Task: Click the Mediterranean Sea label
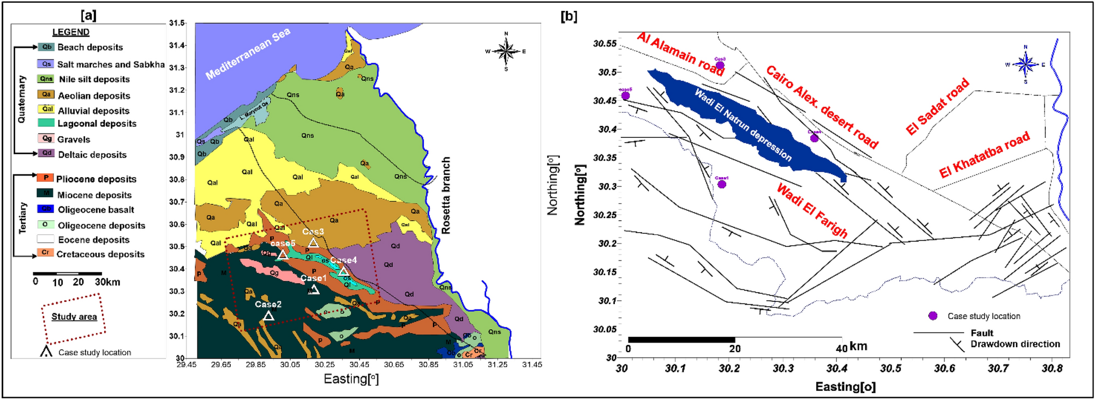click(248, 54)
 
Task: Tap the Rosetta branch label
click(446, 195)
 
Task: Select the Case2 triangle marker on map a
click(268, 316)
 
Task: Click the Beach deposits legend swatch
click(46, 47)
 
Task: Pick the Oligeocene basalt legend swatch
click(46, 209)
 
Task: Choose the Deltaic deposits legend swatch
click(46, 154)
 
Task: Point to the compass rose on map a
click(506, 52)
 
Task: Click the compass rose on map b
click(1025, 64)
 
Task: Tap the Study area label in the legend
click(74, 317)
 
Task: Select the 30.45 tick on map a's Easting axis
click(359, 365)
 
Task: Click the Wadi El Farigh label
click(812, 211)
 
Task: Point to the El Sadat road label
click(937, 107)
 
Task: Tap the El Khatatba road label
click(984, 155)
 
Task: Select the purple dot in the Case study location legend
click(933, 316)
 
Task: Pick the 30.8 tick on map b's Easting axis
click(1051, 369)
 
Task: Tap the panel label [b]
click(569, 16)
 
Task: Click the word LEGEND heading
click(71, 32)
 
